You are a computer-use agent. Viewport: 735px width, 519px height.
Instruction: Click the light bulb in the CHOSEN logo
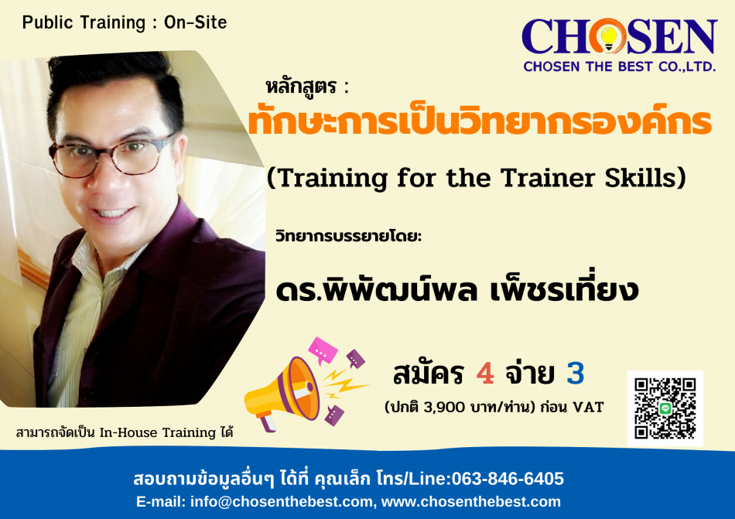(x=608, y=37)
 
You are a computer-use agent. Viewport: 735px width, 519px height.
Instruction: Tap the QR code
(x=665, y=408)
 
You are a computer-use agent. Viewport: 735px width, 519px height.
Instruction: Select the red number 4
(x=484, y=374)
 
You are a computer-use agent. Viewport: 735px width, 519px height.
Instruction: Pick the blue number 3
(x=575, y=374)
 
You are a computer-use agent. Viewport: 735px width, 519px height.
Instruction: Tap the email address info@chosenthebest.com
(x=282, y=502)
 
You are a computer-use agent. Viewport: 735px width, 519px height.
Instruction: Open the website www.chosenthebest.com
(x=471, y=502)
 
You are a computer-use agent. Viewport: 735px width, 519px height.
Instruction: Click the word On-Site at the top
(x=196, y=22)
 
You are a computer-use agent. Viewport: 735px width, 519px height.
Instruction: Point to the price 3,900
(x=444, y=407)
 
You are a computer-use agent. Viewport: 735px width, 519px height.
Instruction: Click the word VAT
(x=588, y=407)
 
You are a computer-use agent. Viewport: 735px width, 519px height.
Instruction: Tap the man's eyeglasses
(x=111, y=157)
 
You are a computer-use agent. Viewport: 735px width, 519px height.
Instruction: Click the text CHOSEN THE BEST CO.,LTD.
(x=620, y=67)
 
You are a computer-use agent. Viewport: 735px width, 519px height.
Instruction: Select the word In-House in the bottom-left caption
(x=129, y=432)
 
